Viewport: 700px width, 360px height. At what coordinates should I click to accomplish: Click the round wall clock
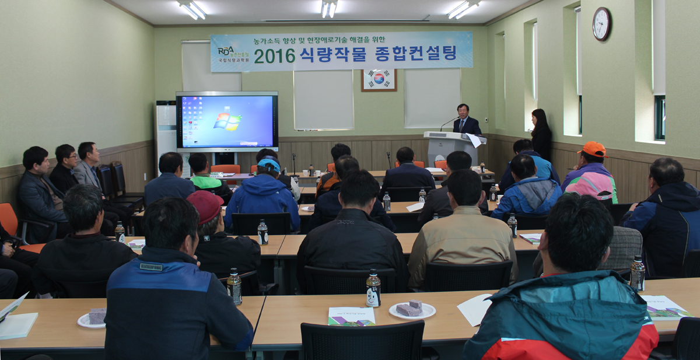coord(601,24)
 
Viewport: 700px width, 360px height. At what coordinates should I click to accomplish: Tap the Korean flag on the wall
coord(379,79)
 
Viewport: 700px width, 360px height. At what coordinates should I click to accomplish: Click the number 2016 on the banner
coord(274,57)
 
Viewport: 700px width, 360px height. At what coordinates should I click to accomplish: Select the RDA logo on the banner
coord(226,51)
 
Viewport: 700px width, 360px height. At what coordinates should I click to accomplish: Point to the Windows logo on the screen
coord(227,121)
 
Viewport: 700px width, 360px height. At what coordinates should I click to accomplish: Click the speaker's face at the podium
coord(463,111)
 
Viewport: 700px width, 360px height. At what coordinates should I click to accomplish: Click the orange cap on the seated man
coord(594,149)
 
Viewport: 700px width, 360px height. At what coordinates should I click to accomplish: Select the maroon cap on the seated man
coord(205,205)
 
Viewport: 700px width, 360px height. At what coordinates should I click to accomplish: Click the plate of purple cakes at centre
coord(412,309)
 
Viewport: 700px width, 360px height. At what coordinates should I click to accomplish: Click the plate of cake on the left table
coord(93,317)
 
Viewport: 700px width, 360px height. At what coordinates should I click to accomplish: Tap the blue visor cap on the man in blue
coord(269,165)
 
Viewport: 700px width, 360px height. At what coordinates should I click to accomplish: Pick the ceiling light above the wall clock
coord(464,9)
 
